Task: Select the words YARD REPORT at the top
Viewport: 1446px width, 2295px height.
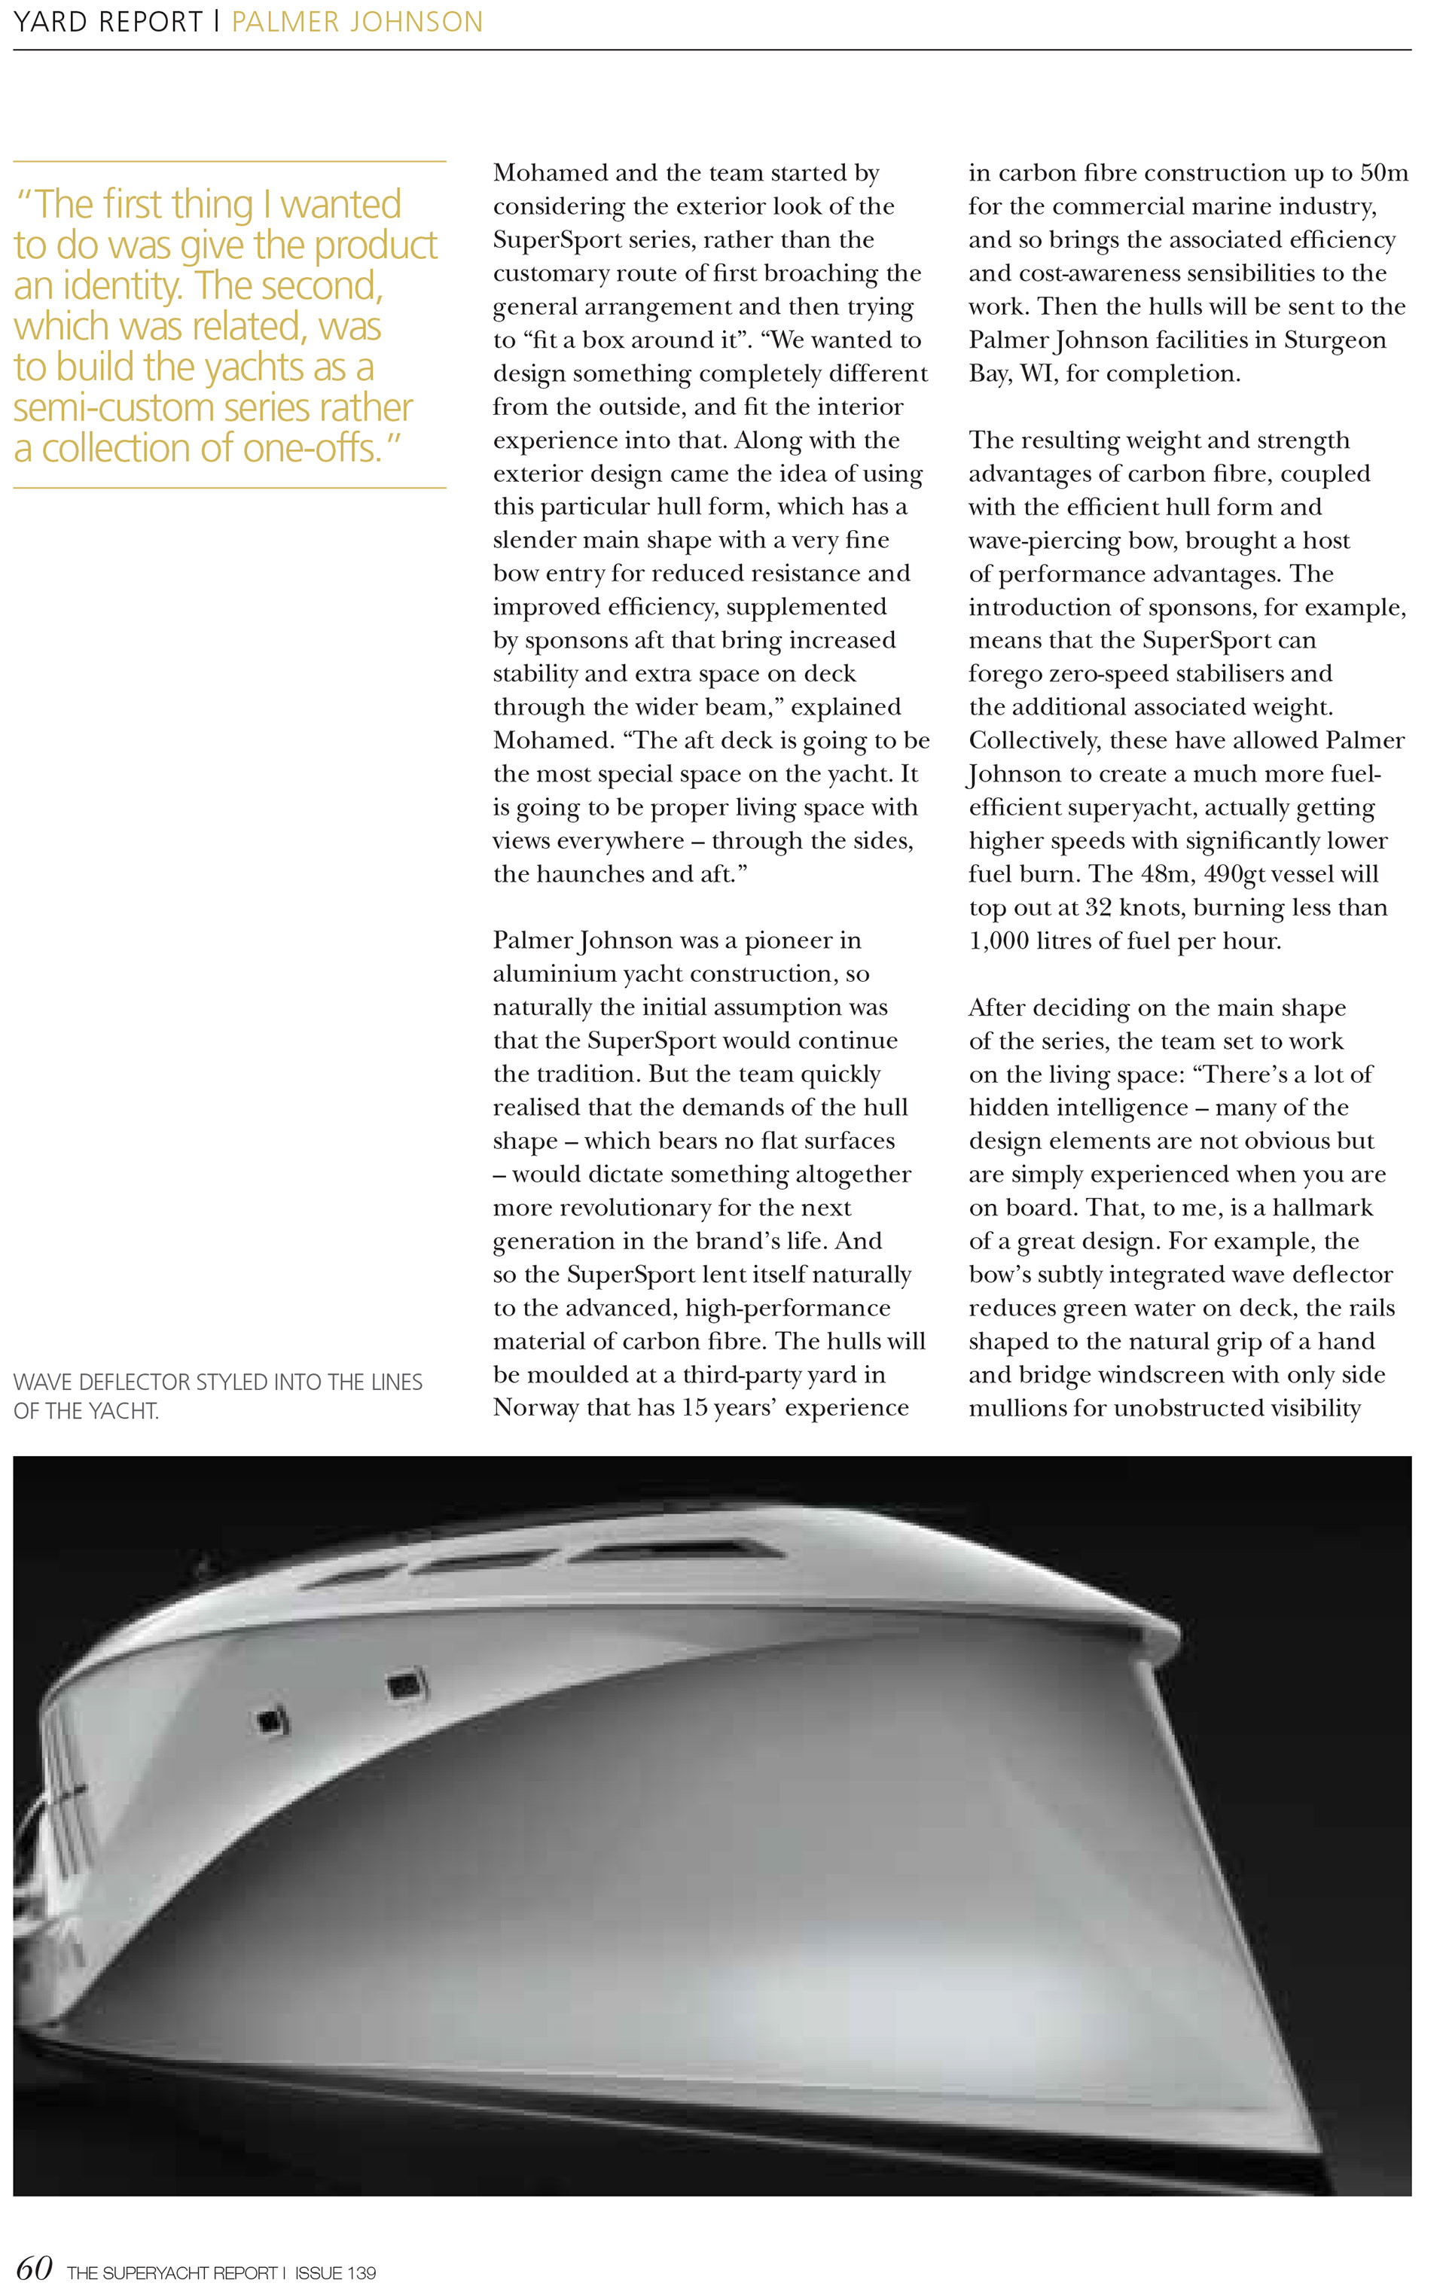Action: [x=108, y=22]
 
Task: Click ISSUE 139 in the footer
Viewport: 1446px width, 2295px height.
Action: [x=336, y=2273]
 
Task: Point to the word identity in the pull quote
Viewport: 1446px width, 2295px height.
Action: [x=122, y=286]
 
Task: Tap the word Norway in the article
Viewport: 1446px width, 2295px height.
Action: [x=535, y=1408]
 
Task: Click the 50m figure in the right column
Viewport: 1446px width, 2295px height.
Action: [x=1384, y=173]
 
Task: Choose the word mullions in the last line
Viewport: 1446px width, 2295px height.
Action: [x=1017, y=1408]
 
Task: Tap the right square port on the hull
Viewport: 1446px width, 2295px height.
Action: [x=404, y=1686]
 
